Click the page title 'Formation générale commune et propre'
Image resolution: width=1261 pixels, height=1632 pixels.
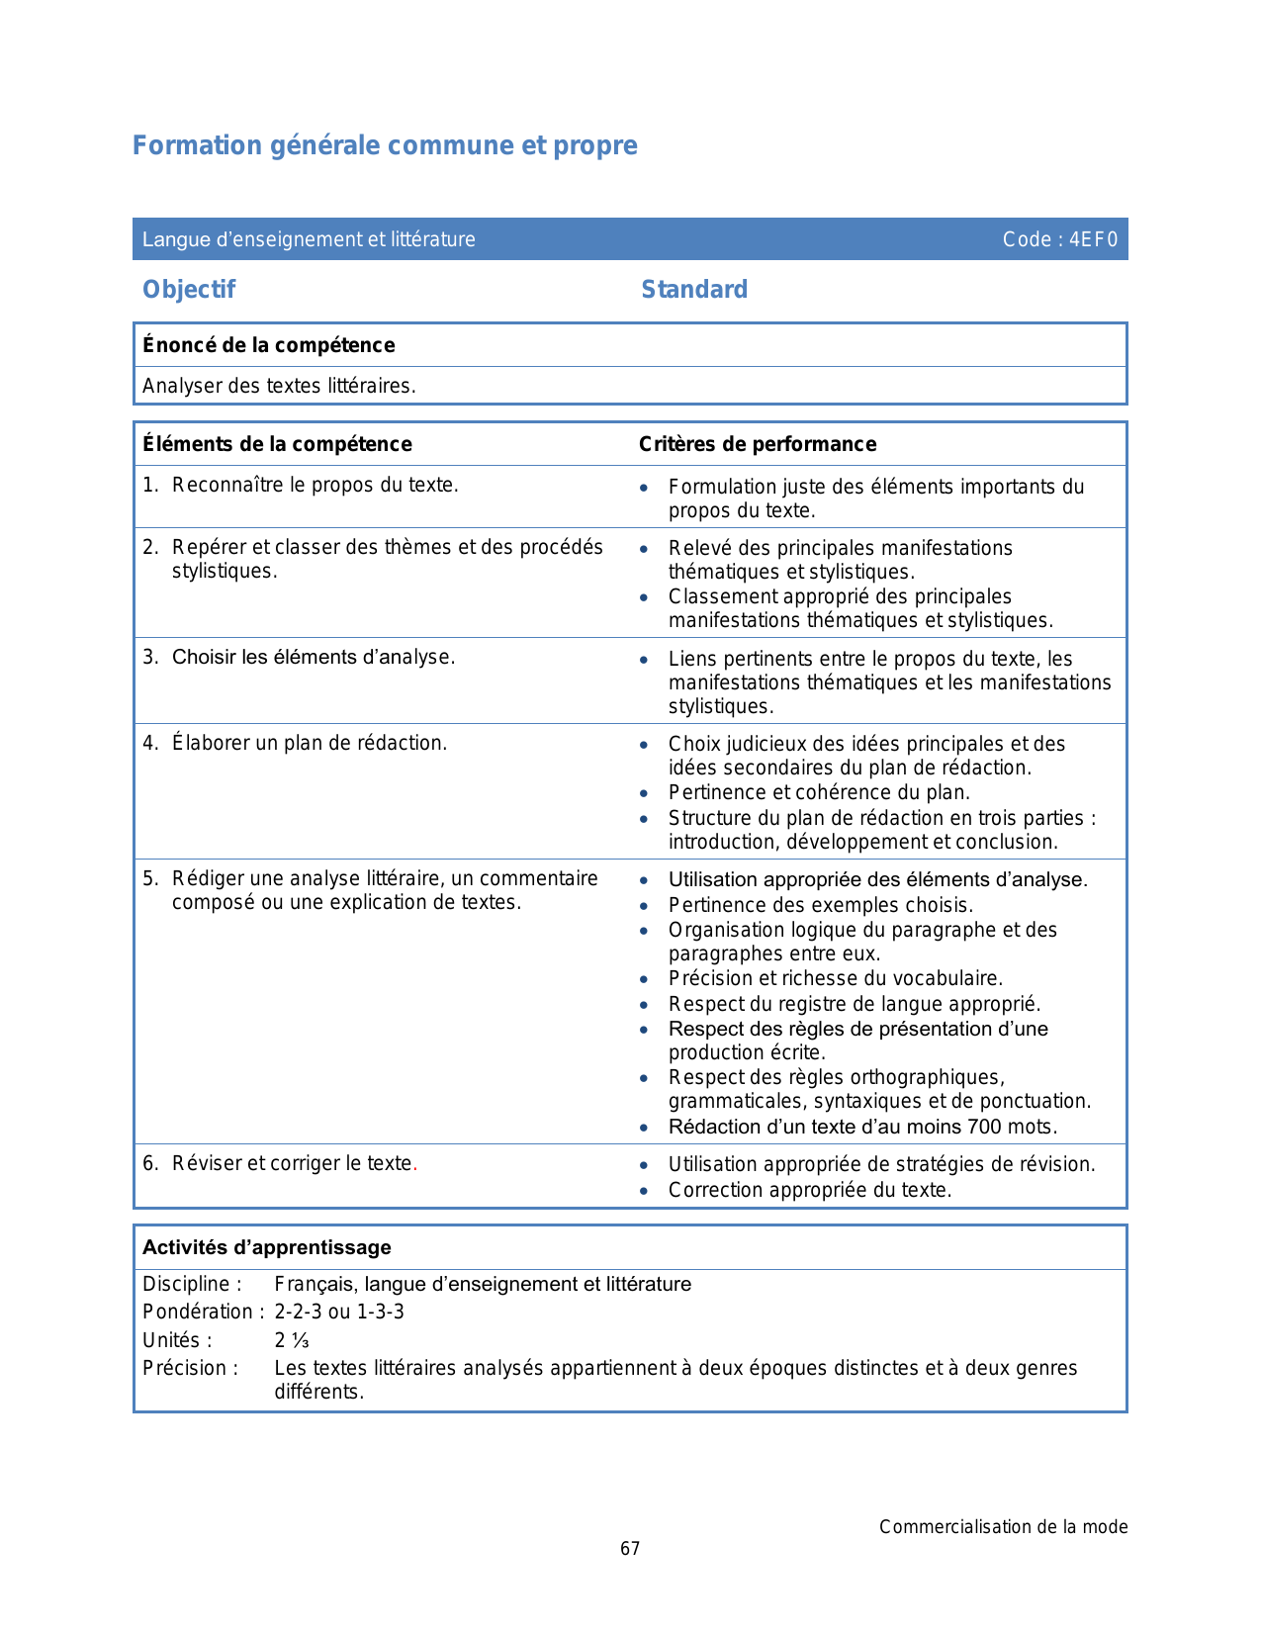pos(385,145)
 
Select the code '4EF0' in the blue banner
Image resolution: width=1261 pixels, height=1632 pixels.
pos(1093,239)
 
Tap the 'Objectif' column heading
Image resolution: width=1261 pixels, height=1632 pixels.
pos(189,289)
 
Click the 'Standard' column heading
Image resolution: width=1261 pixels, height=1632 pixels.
pos(694,289)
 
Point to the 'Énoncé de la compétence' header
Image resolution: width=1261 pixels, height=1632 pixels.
pos(268,345)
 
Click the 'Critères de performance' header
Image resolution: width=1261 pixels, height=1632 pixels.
pos(757,444)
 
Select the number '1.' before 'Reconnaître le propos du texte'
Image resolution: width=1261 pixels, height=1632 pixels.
pos(150,485)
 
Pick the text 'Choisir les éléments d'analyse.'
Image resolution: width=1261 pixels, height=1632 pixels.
pos(314,657)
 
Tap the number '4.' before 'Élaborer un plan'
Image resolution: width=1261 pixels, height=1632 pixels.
pos(150,743)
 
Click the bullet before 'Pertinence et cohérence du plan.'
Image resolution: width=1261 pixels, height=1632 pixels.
pos(644,793)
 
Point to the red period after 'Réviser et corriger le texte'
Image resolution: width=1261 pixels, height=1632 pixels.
pos(415,1164)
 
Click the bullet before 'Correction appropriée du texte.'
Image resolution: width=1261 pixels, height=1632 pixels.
pos(644,1191)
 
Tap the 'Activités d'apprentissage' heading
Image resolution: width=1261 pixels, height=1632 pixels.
pos(267,1247)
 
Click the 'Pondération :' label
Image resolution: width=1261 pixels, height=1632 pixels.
pos(203,1312)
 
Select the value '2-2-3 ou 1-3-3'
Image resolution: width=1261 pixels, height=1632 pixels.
pos(339,1312)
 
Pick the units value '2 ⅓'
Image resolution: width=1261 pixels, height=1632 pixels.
pos(292,1340)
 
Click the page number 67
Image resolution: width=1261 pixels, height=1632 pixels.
pos(630,1549)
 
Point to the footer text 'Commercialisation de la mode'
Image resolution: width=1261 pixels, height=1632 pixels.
pos(1003,1527)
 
